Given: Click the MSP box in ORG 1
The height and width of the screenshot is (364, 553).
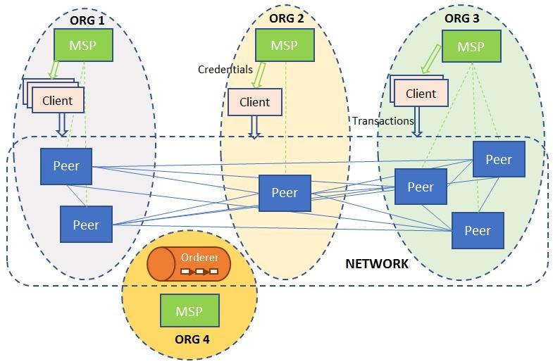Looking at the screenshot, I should (84, 45).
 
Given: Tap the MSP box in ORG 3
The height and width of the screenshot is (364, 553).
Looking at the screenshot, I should (471, 47).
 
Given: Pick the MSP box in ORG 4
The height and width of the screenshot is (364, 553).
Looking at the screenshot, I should (189, 311).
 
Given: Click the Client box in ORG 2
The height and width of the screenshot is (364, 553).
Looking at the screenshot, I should (254, 102).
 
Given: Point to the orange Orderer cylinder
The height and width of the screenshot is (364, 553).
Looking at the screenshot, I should (189, 264).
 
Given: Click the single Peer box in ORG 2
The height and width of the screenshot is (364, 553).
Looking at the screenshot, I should (285, 193).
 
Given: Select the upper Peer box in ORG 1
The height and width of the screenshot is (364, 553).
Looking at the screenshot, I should (66, 166).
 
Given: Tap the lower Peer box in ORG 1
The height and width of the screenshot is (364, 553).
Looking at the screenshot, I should (86, 225).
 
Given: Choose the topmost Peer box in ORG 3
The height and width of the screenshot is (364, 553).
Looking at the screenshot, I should (498, 160).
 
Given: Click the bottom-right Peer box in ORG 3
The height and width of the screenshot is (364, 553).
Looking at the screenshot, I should (478, 231).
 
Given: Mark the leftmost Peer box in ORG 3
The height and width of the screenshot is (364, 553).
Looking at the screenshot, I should (421, 187).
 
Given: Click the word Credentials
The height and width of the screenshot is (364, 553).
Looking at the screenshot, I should (225, 69).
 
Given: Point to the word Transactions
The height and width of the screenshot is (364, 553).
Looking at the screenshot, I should (383, 121).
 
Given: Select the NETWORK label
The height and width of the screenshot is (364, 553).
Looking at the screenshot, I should (376, 264).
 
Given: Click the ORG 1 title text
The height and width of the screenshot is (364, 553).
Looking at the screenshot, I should (87, 20).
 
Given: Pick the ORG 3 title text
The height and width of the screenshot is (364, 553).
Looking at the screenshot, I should (462, 18).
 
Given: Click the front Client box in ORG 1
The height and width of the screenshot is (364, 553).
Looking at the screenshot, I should (58, 101).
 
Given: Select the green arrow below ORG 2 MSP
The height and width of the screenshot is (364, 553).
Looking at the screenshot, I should (260, 74).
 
